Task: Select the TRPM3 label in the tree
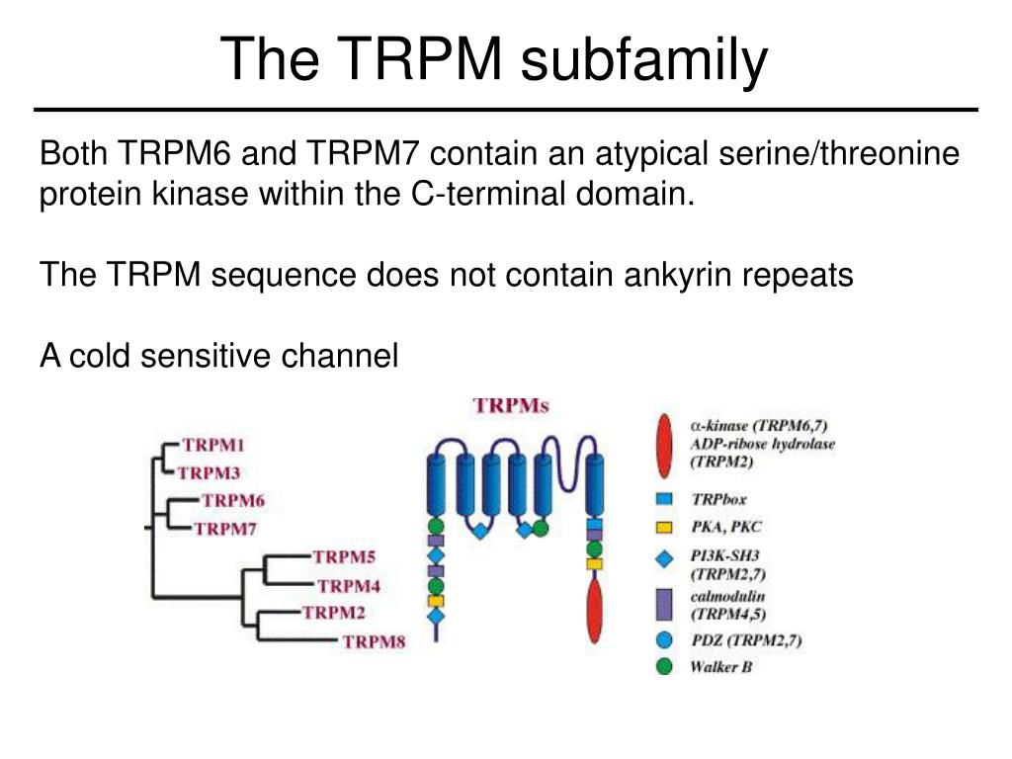click(210, 472)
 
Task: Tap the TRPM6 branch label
click(233, 500)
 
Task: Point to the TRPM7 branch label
click(225, 528)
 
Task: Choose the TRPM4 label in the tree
click(348, 585)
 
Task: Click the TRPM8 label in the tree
click(374, 642)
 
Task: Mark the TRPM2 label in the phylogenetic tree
click(334, 613)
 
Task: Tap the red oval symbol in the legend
click(665, 445)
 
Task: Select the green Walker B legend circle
click(665, 666)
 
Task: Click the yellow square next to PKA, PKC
click(665, 526)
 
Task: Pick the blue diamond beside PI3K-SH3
click(665, 559)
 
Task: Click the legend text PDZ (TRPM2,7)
click(746, 641)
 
